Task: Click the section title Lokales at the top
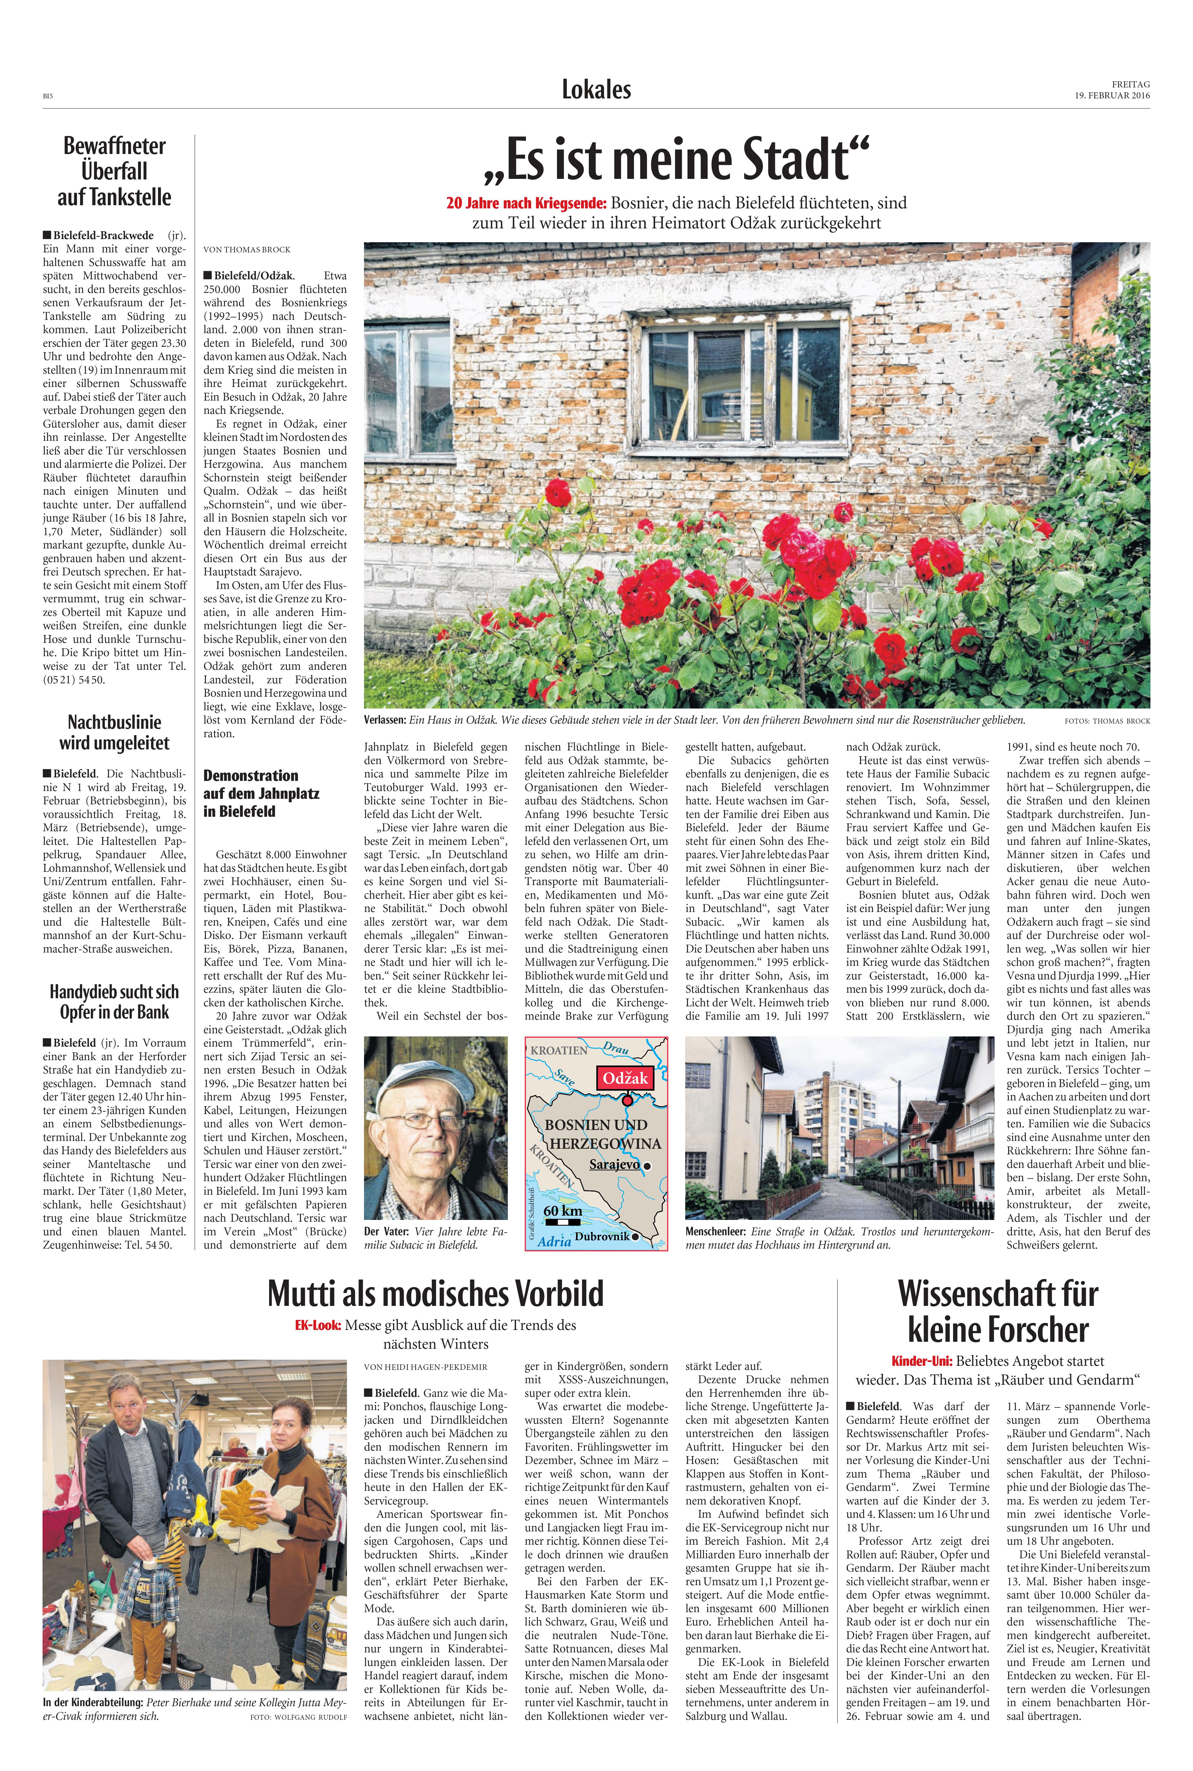[x=597, y=90]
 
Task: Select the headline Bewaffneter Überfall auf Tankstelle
[x=114, y=171]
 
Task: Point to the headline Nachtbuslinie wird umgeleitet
[x=114, y=732]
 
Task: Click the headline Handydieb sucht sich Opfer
[x=114, y=1002]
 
